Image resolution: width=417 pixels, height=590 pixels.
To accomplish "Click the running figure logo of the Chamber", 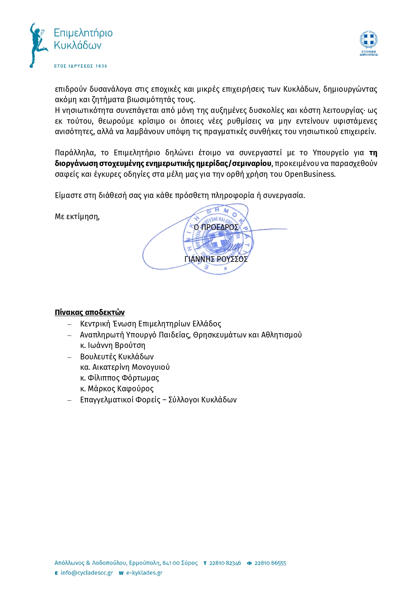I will click(x=37, y=45).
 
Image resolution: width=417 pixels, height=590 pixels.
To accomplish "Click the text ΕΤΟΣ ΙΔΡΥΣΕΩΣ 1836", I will click(x=80, y=66).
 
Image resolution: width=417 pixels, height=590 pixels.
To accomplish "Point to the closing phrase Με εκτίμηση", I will click(x=77, y=217).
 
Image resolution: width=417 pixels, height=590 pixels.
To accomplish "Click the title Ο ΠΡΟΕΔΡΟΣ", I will click(x=216, y=227).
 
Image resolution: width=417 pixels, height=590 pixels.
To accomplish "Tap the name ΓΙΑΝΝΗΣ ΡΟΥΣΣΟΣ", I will click(x=216, y=259).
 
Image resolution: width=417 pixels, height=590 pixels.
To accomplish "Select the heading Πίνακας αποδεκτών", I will click(x=89, y=312).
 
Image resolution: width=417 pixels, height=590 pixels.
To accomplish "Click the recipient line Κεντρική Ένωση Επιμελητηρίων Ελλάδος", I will click(x=150, y=324).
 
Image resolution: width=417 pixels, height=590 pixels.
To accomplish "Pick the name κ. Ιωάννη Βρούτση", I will click(x=113, y=345).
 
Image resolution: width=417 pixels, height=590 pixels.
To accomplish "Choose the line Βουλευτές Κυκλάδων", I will click(x=117, y=356).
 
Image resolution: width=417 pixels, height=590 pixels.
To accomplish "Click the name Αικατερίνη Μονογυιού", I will click(x=131, y=367).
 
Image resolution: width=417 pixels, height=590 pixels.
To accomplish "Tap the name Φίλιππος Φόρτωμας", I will click(x=123, y=378).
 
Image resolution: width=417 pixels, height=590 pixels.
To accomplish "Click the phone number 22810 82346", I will click(x=225, y=563).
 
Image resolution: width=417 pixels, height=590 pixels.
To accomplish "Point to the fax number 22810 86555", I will click(x=270, y=563).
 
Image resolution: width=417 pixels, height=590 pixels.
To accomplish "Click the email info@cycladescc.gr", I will click(x=86, y=573).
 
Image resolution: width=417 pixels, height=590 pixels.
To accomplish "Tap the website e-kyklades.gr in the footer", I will click(x=144, y=573).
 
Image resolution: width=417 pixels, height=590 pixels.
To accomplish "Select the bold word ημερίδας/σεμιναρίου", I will click(x=237, y=163).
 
